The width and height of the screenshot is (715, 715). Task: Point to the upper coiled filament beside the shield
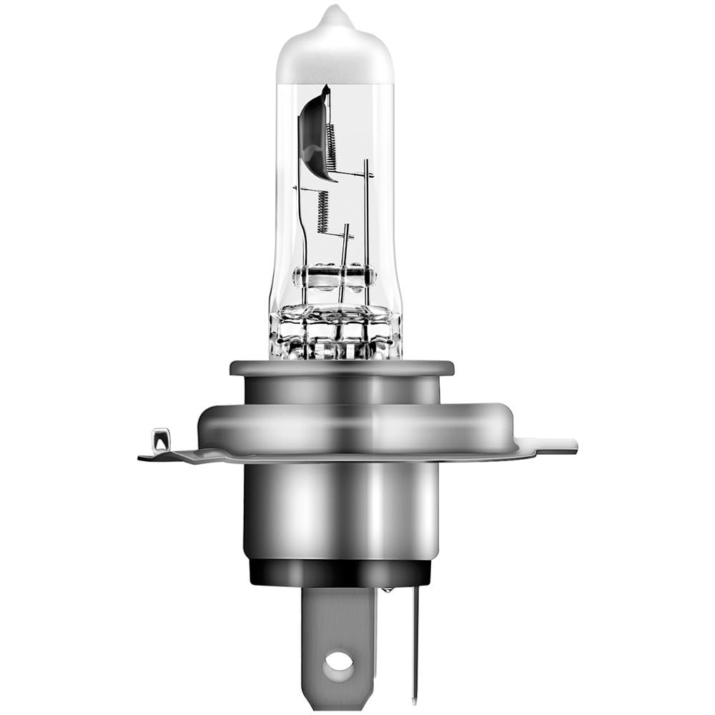332,147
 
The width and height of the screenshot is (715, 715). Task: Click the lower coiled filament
322,212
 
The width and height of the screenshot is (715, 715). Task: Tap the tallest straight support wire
367,229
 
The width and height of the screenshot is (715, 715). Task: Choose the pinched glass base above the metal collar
335,332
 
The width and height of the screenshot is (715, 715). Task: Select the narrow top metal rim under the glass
341,368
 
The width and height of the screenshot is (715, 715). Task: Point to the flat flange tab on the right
554,446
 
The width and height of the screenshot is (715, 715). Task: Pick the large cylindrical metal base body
340,508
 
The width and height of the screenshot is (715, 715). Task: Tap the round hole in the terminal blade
338,665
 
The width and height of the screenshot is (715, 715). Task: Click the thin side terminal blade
415,643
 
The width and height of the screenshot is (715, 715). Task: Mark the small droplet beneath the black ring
387,590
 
